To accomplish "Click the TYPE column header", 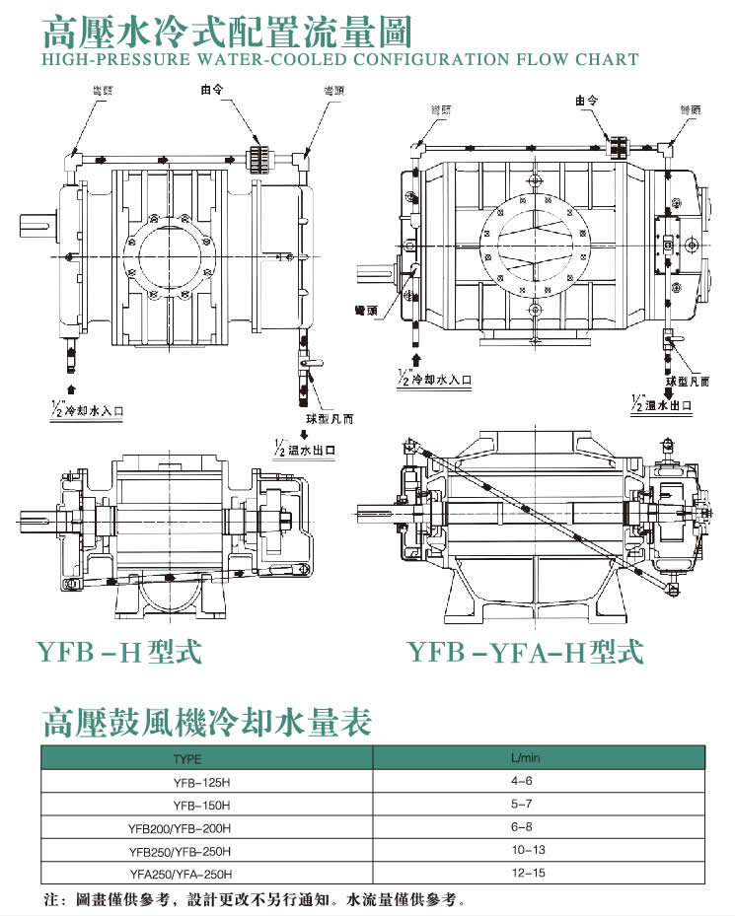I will click(x=186, y=759).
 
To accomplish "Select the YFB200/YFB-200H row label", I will click(x=180, y=828).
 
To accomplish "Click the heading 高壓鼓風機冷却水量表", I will click(x=206, y=723).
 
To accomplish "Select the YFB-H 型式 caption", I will click(x=118, y=652).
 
